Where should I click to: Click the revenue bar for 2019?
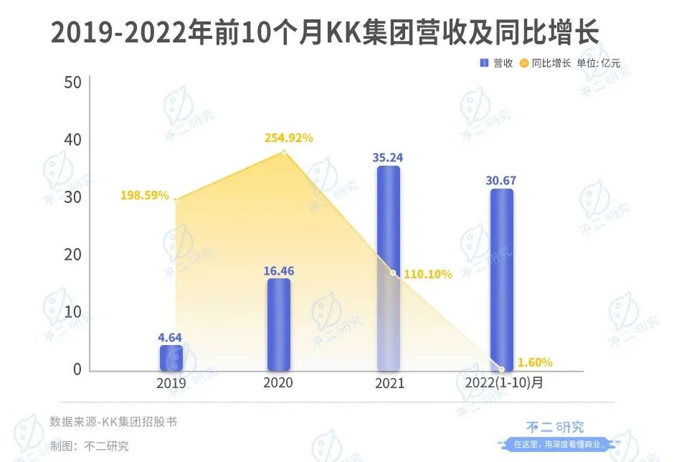pyautogui.click(x=171, y=357)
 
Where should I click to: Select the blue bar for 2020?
pyautogui.click(x=278, y=324)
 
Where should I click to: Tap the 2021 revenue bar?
pyautogui.click(x=389, y=269)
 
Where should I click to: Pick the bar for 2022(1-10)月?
pyautogui.click(x=502, y=280)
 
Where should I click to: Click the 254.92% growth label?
pyautogui.click(x=284, y=138)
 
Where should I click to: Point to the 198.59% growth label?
pyautogui.click(x=146, y=195)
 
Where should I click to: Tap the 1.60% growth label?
pyautogui.click(x=534, y=362)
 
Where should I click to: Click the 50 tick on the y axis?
pyautogui.click(x=72, y=82)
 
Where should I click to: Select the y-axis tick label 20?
pyautogui.click(x=72, y=255)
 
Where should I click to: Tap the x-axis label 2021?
pyautogui.click(x=389, y=384)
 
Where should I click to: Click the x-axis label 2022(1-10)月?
pyautogui.click(x=501, y=384)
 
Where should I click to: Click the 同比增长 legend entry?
pyautogui.click(x=545, y=63)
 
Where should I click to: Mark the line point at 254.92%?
pyautogui.click(x=285, y=152)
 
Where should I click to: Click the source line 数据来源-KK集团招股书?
pyautogui.click(x=113, y=422)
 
